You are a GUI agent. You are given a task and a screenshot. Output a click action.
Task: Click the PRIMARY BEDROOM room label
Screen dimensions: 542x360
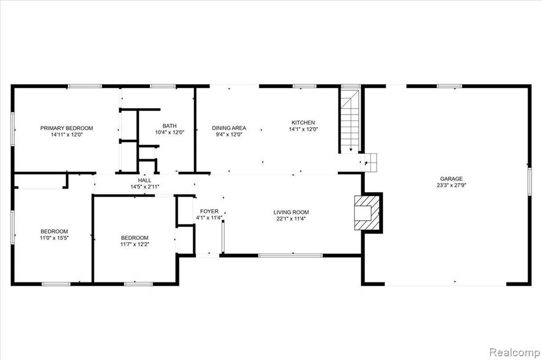[67, 128]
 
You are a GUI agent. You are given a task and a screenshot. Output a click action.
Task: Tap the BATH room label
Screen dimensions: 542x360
[169, 126]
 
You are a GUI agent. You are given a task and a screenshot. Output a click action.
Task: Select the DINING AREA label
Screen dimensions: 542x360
[229, 128]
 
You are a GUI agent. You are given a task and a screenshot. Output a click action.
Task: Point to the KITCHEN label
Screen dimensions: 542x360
[303, 123]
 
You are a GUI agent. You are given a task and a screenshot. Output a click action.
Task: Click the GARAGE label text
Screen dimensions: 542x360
[451, 179]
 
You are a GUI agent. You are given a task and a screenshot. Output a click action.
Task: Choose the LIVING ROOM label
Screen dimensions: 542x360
[291, 212]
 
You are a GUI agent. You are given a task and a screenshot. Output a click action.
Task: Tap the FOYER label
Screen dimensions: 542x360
[209, 211]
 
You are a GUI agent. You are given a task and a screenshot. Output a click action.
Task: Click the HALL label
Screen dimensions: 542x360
[144, 181]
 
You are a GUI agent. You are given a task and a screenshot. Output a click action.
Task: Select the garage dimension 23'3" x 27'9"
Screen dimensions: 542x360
[451, 185]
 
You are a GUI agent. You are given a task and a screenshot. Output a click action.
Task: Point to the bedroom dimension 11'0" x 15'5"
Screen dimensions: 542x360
[55, 238]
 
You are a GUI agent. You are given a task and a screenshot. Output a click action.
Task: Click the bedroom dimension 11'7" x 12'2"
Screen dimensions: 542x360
[134, 244]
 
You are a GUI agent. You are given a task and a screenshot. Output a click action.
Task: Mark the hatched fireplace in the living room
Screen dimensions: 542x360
[367, 212]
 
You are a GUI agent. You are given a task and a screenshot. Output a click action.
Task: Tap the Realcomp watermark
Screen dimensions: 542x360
[514, 353]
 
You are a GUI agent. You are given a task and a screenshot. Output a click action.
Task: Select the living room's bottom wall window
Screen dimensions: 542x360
[291, 256]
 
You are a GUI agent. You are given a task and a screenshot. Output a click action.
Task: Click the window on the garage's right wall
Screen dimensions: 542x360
[529, 182]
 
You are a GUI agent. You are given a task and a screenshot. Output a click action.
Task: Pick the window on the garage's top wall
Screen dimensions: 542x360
[449, 86]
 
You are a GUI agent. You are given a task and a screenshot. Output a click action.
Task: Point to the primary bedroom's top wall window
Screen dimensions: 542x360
[85, 86]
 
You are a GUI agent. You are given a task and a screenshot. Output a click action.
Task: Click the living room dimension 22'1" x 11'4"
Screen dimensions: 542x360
[291, 219]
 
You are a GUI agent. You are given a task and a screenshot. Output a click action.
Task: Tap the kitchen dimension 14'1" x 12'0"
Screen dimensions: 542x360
[303, 129]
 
